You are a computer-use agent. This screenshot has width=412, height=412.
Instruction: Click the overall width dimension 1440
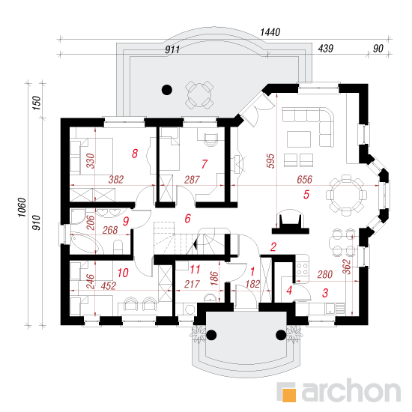[270, 32]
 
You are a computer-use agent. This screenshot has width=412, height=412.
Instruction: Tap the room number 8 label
[135, 154]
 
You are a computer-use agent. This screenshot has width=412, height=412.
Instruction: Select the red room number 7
[205, 164]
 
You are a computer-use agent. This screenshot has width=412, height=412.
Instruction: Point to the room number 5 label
[306, 195]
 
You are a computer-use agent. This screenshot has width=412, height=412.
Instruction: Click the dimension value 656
[305, 180]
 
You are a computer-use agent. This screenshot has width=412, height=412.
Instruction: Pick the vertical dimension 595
[270, 161]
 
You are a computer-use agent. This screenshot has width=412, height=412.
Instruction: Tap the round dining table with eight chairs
[346, 196]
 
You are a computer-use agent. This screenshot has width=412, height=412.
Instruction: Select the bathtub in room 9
[86, 242]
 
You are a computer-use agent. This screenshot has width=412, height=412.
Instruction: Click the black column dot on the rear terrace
[167, 90]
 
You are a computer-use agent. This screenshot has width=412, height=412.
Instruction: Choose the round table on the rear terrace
[199, 94]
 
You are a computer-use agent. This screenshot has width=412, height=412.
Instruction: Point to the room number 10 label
[123, 273]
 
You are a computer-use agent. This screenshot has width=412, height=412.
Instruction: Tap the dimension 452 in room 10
[109, 285]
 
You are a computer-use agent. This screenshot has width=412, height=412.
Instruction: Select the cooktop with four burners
[302, 269]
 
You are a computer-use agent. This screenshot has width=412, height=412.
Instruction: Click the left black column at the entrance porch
[211, 335]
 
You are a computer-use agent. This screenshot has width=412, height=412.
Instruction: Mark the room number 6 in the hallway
[187, 219]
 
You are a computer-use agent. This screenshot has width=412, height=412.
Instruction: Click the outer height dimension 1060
[22, 207]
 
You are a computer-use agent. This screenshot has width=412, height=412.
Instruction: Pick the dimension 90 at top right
[378, 49]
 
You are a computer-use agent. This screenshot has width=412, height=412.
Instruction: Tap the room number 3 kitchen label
[325, 293]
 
